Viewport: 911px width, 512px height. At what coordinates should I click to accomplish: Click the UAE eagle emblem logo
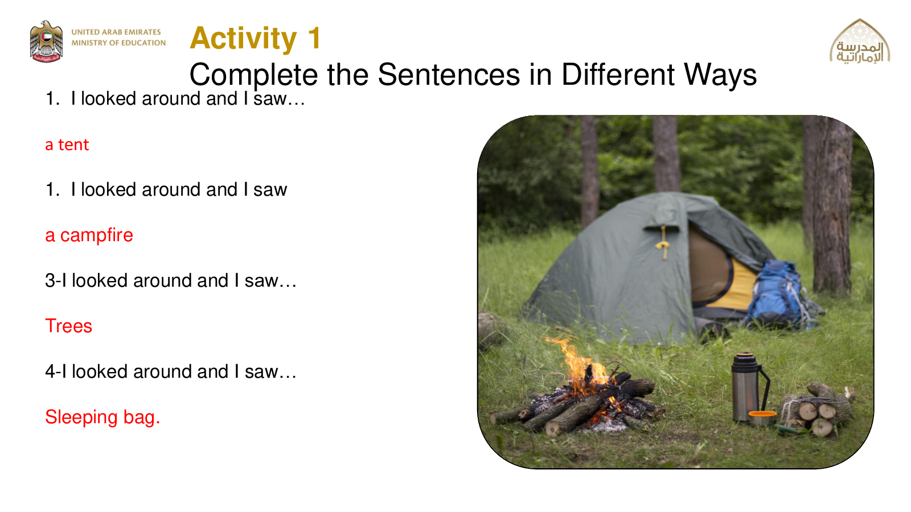coord(46,42)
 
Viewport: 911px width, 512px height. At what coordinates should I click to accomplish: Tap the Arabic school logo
coord(860,42)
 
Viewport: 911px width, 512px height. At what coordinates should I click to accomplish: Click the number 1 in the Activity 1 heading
coord(314,38)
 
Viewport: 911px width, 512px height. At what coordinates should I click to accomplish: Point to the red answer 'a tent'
coord(67,144)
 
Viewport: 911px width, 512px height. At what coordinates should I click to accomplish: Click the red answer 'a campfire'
coord(89,236)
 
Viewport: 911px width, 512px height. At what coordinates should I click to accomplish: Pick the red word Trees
coord(69,326)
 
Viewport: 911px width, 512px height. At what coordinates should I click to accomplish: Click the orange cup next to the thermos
coord(762,418)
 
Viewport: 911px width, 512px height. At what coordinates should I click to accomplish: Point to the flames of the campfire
coord(581,366)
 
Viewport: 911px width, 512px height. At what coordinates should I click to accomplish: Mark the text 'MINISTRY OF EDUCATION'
coord(118,43)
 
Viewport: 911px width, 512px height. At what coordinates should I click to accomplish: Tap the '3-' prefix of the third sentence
coord(53,280)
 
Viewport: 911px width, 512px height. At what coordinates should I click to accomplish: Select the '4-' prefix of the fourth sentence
coord(53,371)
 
